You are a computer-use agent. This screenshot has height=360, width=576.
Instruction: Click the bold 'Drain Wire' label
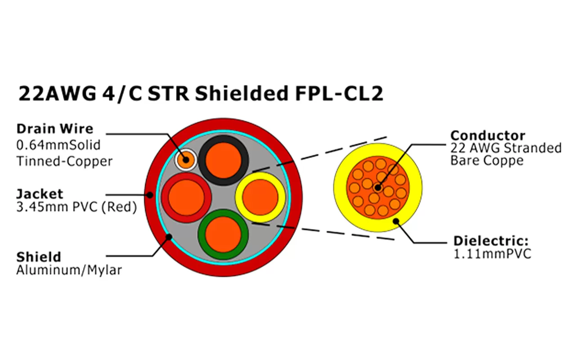coord(55,129)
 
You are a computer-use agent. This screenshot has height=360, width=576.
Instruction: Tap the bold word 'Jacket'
coord(40,194)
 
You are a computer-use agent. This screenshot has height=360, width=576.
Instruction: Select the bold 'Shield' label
coord(38,257)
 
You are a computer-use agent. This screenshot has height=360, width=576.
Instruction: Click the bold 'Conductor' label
coord(488,135)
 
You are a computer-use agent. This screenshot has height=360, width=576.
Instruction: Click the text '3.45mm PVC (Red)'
coord(76,207)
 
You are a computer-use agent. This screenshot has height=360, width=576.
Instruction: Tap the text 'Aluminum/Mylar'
coord(69,270)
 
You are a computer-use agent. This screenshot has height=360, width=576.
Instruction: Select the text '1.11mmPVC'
coord(492,254)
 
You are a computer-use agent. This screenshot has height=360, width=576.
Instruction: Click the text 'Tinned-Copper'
coord(64,161)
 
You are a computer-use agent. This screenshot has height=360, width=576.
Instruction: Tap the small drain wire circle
coord(185,159)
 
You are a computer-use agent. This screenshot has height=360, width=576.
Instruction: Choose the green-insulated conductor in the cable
coord(223,234)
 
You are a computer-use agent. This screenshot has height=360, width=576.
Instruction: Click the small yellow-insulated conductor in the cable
coord(260,197)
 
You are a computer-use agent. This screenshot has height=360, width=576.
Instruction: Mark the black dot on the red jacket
coord(149,195)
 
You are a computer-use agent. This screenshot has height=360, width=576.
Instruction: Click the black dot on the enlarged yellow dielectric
coord(396,220)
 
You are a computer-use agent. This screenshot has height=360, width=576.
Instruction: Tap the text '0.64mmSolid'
coord(58,146)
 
